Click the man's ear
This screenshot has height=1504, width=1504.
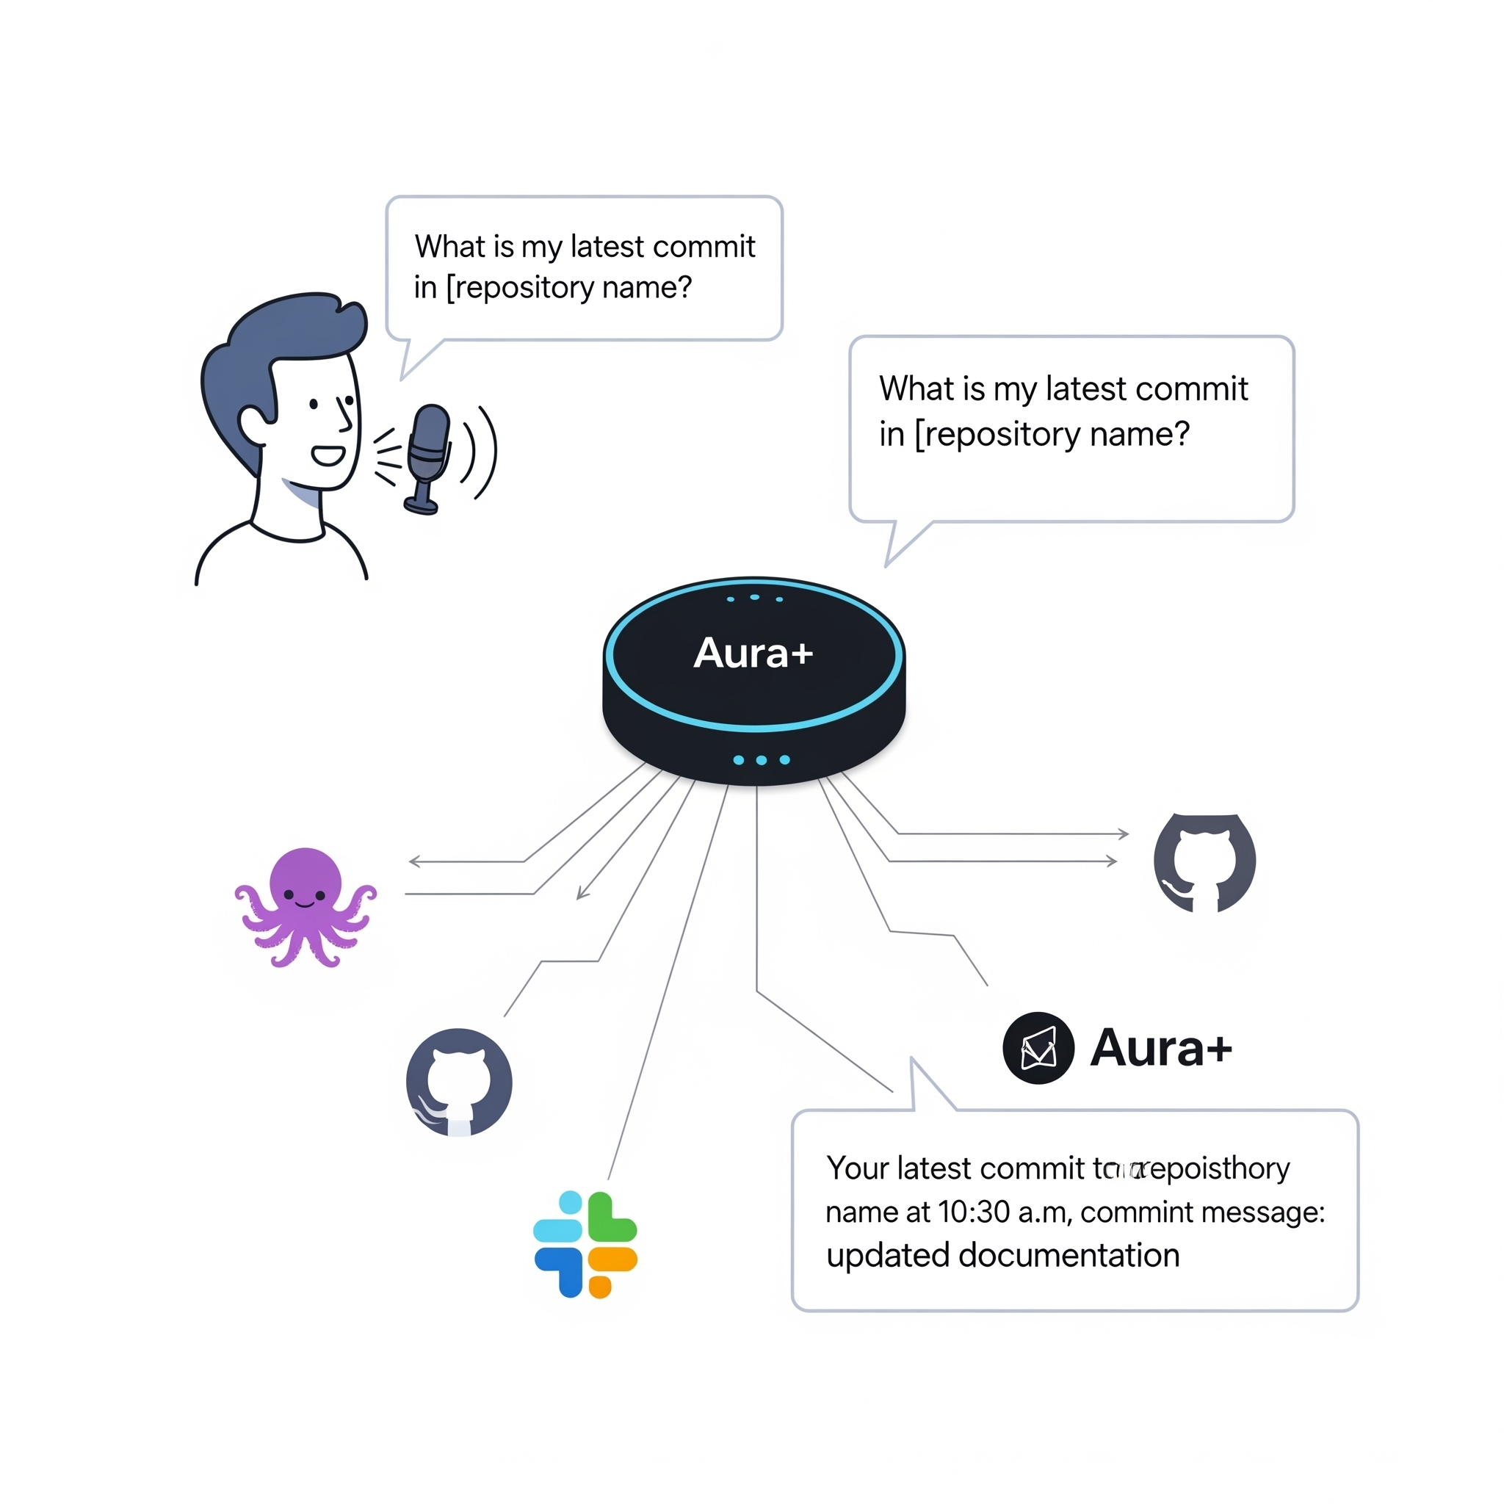tap(253, 424)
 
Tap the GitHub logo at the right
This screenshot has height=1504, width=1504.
tap(1204, 863)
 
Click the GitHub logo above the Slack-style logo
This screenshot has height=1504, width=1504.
tap(459, 1082)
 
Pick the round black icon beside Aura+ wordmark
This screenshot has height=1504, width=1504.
tap(1038, 1048)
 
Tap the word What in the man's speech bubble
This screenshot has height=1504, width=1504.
tap(439, 247)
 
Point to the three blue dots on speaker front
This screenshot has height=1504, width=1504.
tap(761, 760)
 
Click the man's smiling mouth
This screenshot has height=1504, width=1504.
tap(328, 455)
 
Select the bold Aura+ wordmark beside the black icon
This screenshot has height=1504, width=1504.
tap(1161, 1048)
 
